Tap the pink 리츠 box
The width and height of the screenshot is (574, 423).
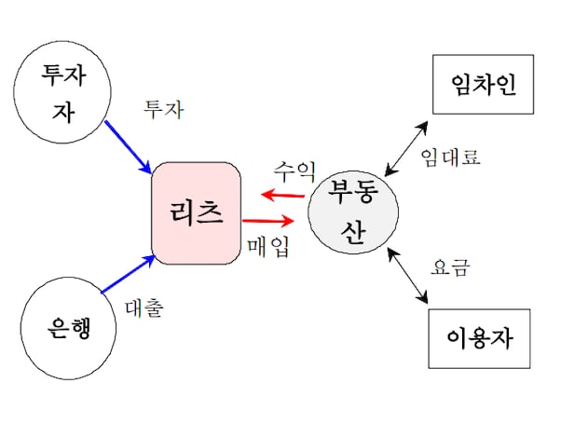click(x=197, y=213)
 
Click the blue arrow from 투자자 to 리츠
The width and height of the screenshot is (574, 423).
click(x=130, y=145)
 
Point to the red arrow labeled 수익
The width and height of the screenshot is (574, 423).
click(x=283, y=195)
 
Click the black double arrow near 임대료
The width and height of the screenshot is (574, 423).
click(x=407, y=146)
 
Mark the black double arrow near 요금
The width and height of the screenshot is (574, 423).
click(x=411, y=276)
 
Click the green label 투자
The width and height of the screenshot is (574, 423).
click(x=163, y=109)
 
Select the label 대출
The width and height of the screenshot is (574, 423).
click(x=143, y=308)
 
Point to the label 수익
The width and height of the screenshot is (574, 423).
click(x=294, y=171)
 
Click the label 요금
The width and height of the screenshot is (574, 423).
click(x=451, y=268)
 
